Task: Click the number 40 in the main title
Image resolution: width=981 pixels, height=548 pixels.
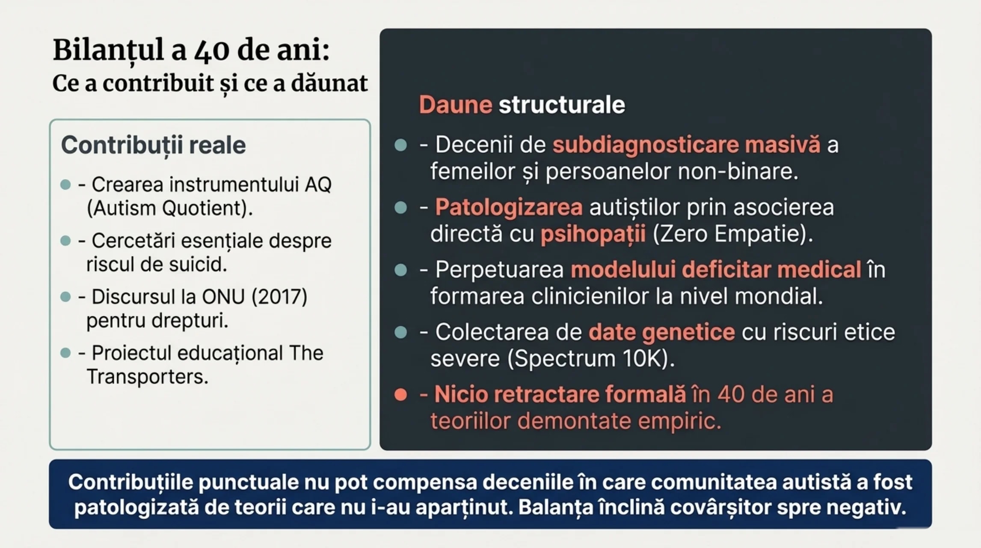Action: click(x=212, y=51)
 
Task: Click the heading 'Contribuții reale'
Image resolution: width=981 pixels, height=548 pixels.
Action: click(x=153, y=145)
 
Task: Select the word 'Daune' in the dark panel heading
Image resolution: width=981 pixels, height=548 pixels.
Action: click(x=455, y=105)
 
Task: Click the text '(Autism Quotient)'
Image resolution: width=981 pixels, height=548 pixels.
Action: click(x=169, y=208)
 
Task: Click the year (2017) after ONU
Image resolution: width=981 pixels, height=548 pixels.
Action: click(x=279, y=297)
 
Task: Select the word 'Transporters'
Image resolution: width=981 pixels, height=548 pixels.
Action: click(x=147, y=377)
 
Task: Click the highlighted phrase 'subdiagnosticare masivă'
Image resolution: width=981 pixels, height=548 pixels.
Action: click(x=686, y=145)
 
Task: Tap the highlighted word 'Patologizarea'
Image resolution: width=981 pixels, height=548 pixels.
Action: click(x=509, y=208)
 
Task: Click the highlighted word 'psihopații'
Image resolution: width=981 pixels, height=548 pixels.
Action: click(x=593, y=234)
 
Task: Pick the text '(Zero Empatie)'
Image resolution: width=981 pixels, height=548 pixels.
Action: click(x=732, y=234)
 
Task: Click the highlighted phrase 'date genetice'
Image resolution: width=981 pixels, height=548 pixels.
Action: click(x=661, y=332)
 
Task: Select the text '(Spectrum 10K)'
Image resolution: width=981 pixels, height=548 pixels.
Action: click(x=591, y=359)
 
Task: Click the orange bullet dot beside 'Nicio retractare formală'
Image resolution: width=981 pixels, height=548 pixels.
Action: click(x=401, y=395)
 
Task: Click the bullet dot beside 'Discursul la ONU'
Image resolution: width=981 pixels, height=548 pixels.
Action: click(x=65, y=297)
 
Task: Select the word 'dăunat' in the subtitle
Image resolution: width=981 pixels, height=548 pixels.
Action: click(x=329, y=83)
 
